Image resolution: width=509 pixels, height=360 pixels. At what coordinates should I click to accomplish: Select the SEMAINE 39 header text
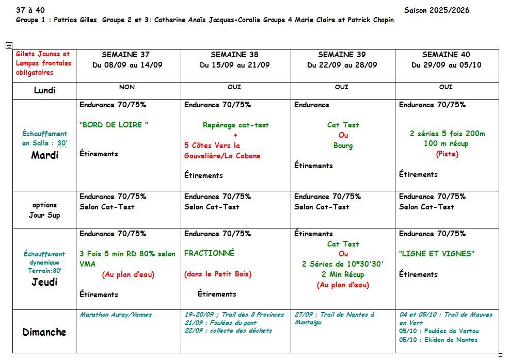pos(342,54)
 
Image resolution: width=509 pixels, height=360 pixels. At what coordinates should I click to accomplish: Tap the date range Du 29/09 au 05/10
pos(446,65)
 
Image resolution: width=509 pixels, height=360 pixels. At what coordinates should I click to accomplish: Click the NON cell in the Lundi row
pos(127,87)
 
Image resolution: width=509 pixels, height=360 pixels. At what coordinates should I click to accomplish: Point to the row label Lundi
pos(44,90)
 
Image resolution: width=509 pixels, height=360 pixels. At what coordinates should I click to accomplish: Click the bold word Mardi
pos(44,155)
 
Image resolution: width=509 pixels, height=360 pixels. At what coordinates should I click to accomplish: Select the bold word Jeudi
pos(44,282)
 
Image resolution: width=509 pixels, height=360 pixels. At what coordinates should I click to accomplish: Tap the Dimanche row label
pos(44,332)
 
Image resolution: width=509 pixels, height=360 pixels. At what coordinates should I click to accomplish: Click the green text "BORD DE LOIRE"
pos(114,124)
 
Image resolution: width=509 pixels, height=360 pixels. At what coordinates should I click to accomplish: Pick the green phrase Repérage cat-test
pos(235,125)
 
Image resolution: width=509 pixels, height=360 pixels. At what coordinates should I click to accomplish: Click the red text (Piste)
pos(447,154)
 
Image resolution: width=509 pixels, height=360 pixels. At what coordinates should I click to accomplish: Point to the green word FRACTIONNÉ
pos(209,253)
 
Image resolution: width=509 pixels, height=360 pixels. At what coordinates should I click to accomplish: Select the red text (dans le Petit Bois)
pos(217,274)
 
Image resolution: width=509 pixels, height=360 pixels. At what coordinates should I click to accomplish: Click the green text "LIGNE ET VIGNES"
pos(436,253)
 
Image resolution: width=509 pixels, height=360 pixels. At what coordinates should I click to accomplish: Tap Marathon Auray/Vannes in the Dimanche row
pos(116,314)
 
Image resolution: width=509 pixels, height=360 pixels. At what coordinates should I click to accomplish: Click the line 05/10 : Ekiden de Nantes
pos(438,340)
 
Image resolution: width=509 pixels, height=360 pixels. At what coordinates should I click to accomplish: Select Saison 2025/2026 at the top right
pos(437,10)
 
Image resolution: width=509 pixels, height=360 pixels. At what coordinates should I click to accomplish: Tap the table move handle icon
pos(9,45)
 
